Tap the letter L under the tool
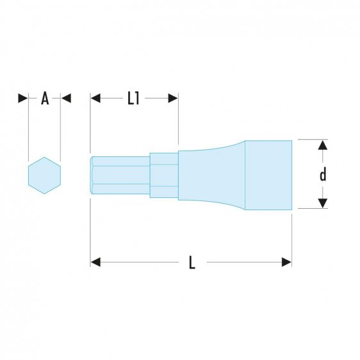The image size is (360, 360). point(192,263)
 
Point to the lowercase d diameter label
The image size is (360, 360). point(323,174)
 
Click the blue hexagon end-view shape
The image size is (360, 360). point(44,174)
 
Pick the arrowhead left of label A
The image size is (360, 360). point(23,98)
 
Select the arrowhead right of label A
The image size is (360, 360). point(65,98)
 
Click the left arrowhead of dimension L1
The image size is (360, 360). point(96,98)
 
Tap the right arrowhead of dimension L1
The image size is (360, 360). point(172,98)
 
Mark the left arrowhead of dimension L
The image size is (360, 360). point(96,262)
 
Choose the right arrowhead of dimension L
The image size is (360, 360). point(286,262)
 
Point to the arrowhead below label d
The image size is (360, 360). point(323,203)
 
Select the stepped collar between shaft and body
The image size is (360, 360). point(163,174)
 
